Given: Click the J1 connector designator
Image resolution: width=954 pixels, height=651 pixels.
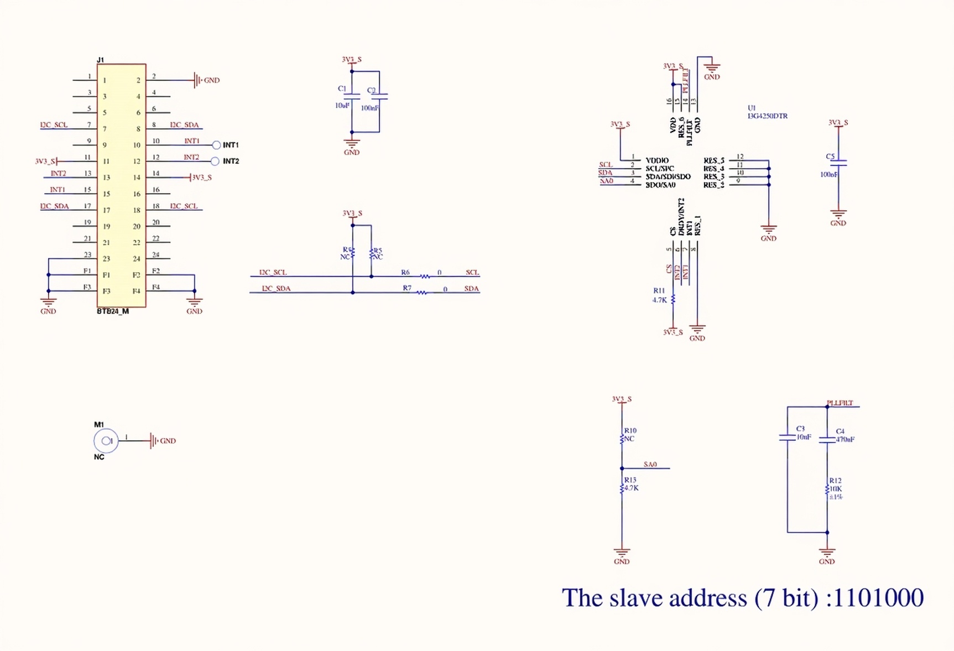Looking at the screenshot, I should pos(100,60).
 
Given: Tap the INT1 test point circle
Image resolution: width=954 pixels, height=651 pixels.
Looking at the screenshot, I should pos(216,145).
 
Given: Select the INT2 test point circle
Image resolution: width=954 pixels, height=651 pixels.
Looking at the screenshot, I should pos(215,162).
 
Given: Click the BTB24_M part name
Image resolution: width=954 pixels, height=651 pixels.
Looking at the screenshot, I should pos(113,311).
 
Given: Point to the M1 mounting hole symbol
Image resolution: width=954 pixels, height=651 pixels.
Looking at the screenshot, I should pos(106,441).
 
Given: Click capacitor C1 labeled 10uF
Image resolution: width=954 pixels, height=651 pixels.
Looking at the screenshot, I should pos(351,96).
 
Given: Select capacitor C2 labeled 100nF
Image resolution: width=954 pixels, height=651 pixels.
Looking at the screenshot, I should pos(379,96).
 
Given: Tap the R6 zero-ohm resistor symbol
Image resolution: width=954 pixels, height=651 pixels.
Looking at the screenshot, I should pos(425,276).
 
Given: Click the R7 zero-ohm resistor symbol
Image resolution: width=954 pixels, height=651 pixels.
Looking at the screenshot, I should pos(422,292).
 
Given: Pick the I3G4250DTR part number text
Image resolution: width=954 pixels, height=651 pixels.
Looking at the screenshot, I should pos(767,116).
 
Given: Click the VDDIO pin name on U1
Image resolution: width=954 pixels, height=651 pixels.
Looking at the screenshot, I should pos(657,160).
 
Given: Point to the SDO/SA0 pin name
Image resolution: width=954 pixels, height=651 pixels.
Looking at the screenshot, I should pos(660,185).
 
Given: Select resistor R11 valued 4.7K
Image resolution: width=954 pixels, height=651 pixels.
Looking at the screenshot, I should pos(673,299).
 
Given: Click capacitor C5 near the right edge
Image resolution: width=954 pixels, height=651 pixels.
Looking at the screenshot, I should pos(839,163).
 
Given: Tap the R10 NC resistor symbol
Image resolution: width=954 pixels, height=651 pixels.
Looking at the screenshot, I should pos(622,439).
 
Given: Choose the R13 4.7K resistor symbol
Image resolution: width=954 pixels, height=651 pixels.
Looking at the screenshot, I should pos(622,488).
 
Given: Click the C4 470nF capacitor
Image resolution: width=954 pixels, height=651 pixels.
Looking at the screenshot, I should pos(827,440).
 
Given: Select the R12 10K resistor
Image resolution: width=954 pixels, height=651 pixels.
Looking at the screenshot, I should pos(827,489).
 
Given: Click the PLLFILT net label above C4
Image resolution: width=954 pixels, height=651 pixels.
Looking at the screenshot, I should pos(840,403).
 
